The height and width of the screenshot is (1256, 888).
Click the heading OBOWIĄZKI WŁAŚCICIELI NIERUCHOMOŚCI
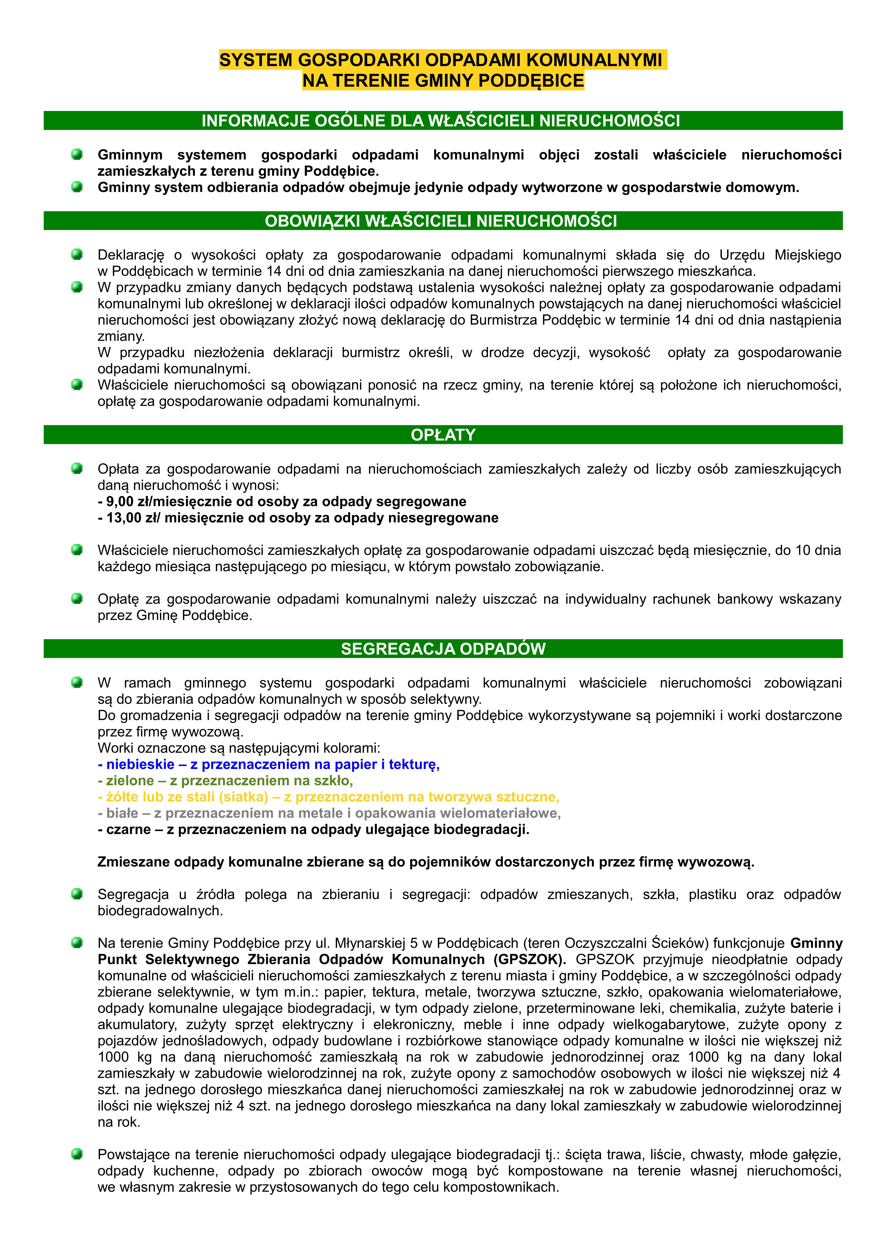[x=441, y=221]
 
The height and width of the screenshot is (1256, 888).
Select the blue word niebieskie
[x=140, y=765]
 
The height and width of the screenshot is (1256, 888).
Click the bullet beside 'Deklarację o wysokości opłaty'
[x=77, y=254]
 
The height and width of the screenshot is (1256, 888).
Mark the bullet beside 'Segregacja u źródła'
[x=77, y=894]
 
